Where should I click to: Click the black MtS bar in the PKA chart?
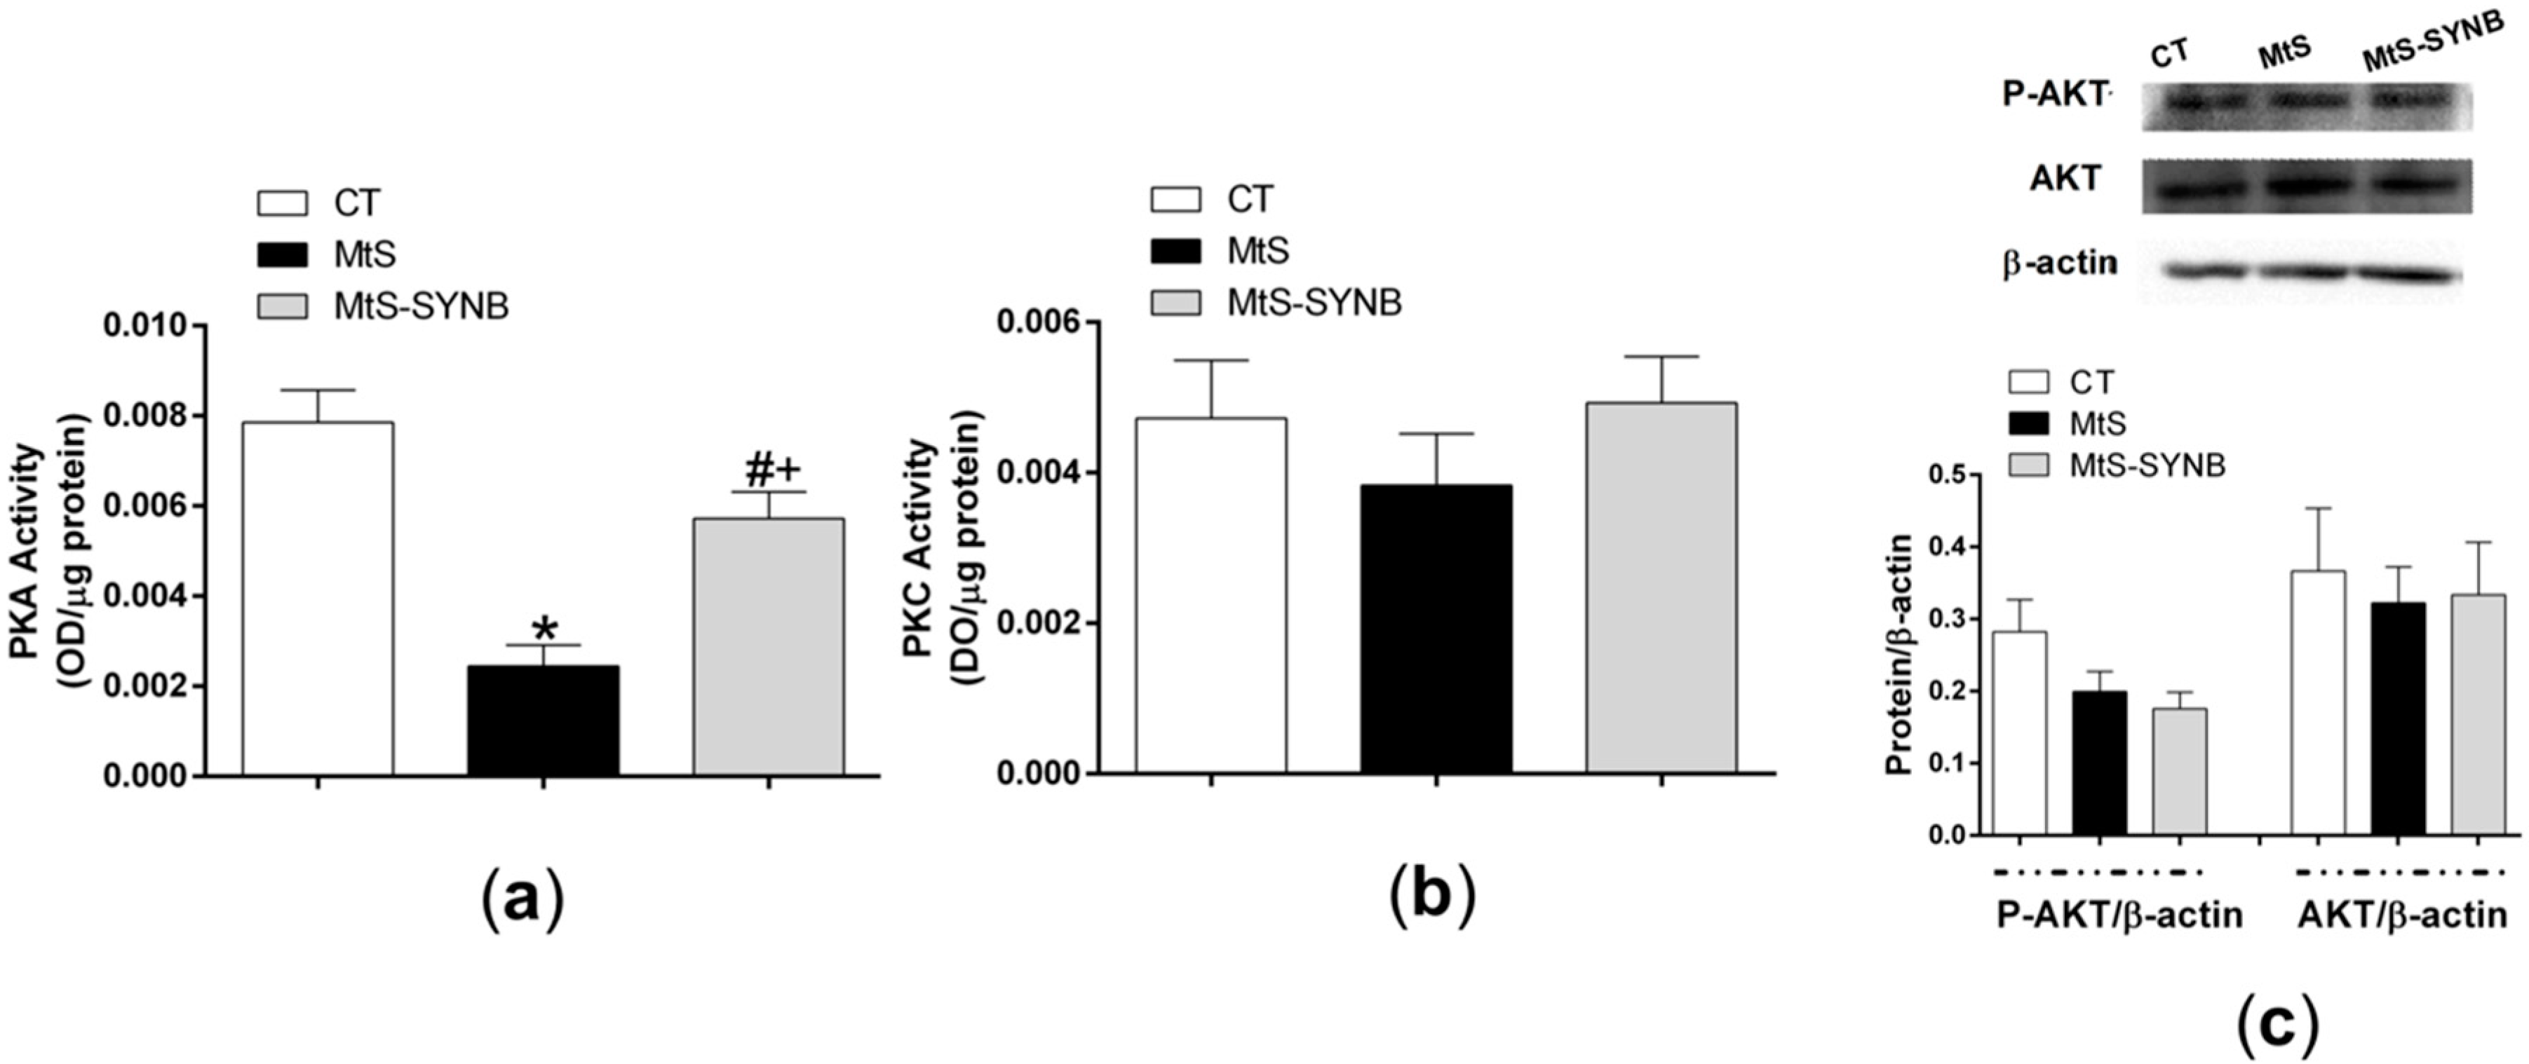[x=543, y=721]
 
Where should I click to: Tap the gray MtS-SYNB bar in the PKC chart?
[x=1661, y=588]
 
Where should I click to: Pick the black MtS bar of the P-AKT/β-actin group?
[x=2099, y=763]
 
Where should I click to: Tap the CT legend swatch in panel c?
[x=2028, y=382]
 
